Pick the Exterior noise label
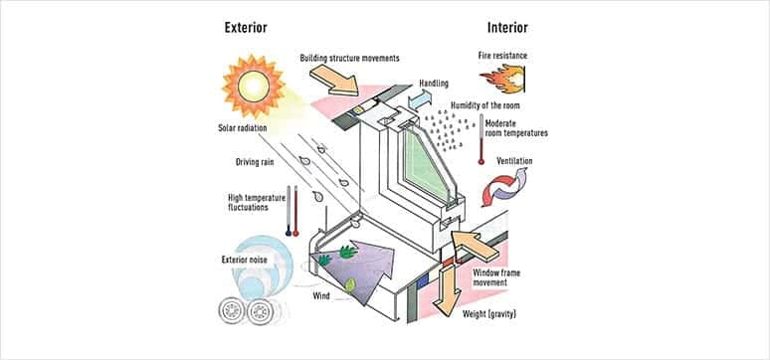247,261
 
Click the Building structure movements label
349,58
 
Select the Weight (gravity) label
493,315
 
